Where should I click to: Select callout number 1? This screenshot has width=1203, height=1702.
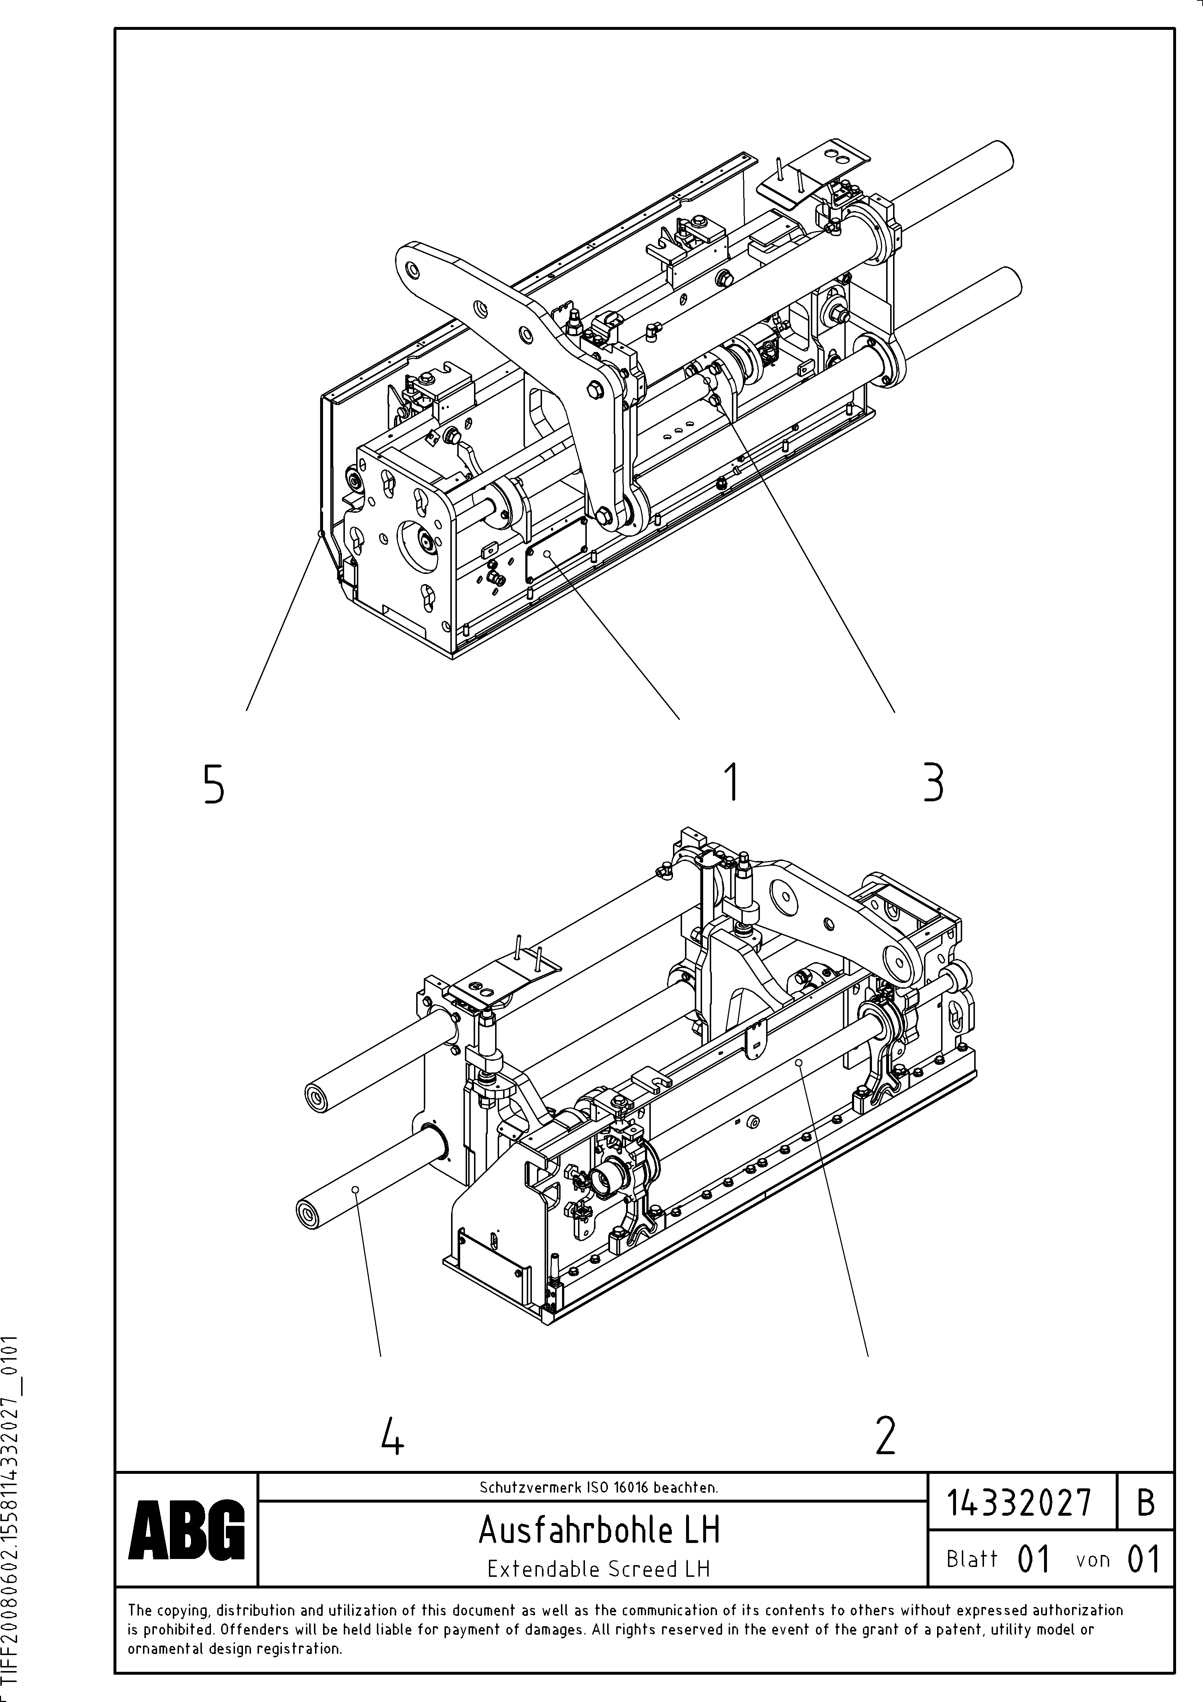pyautogui.click(x=732, y=783)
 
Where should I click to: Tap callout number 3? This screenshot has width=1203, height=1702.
pyautogui.click(x=933, y=783)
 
